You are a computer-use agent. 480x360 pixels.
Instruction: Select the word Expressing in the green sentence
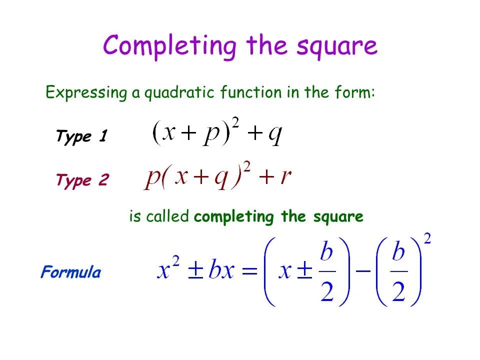click(86, 93)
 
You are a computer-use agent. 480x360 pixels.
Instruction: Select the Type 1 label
click(81, 136)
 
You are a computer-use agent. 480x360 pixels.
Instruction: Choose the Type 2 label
click(82, 180)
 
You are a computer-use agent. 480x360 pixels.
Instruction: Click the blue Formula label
click(70, 273)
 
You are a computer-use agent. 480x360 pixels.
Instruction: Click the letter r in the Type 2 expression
click(286, 177)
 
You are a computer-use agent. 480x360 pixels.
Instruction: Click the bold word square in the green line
click(338, 217)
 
